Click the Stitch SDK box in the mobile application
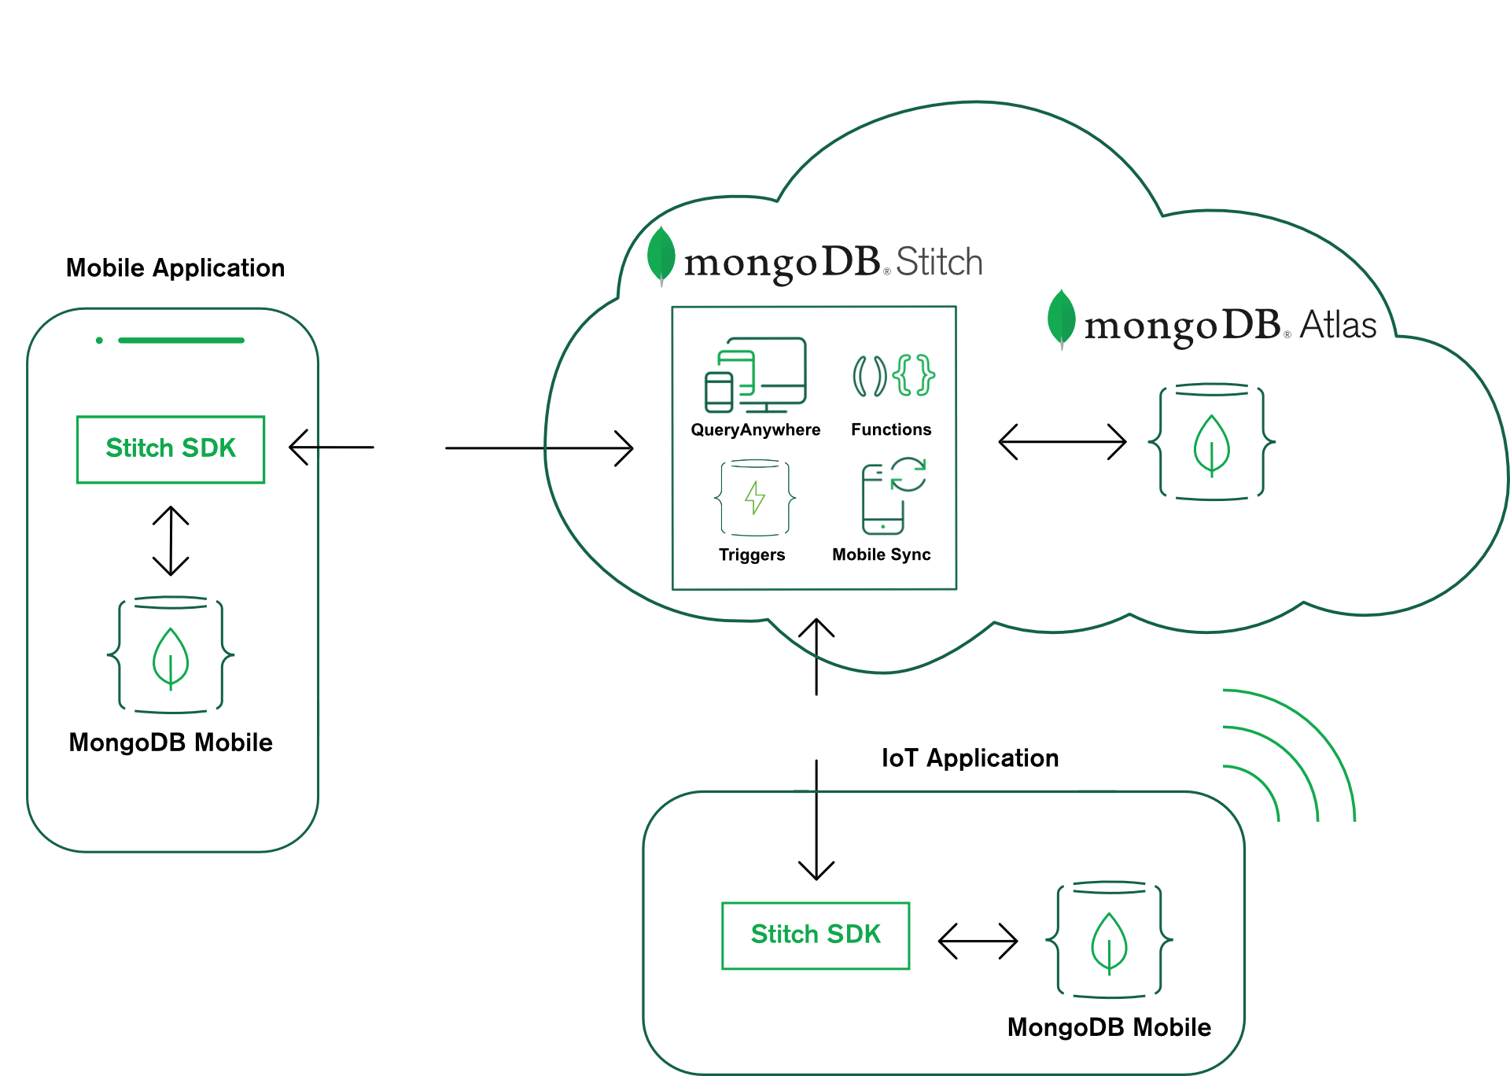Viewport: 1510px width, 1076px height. tap(171, 449)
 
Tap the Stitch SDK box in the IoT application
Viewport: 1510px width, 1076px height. tap(816, 935)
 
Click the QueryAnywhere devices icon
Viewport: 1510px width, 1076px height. tap(755, 375)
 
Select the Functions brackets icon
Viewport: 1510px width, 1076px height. tap(893, 375)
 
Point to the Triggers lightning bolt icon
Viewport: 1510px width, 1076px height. tap(755, 498)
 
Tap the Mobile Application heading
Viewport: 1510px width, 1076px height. tap(175, 268)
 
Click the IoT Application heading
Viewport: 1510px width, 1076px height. tap(970, 758)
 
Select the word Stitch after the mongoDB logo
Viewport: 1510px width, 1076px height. tap(939, 262)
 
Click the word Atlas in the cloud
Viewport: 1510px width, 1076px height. tap(1338, 325)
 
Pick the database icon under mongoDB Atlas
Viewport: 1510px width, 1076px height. tap(1212, 442)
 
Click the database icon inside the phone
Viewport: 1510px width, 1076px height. tap(171, 654)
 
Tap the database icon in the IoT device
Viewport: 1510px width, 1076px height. tap(1109, 939)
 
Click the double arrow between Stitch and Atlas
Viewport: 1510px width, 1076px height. tap(1063, 442)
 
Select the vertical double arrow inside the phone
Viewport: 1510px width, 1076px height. tap(171, 540)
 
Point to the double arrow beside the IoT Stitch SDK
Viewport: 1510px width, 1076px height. tap(978, 941)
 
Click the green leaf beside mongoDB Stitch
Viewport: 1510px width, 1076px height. tap(661, 254)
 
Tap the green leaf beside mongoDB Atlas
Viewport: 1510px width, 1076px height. tap(1062, 317)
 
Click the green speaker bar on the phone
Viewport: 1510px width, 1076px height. tap(181, 341)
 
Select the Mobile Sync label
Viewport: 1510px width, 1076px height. tap(882, 555)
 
